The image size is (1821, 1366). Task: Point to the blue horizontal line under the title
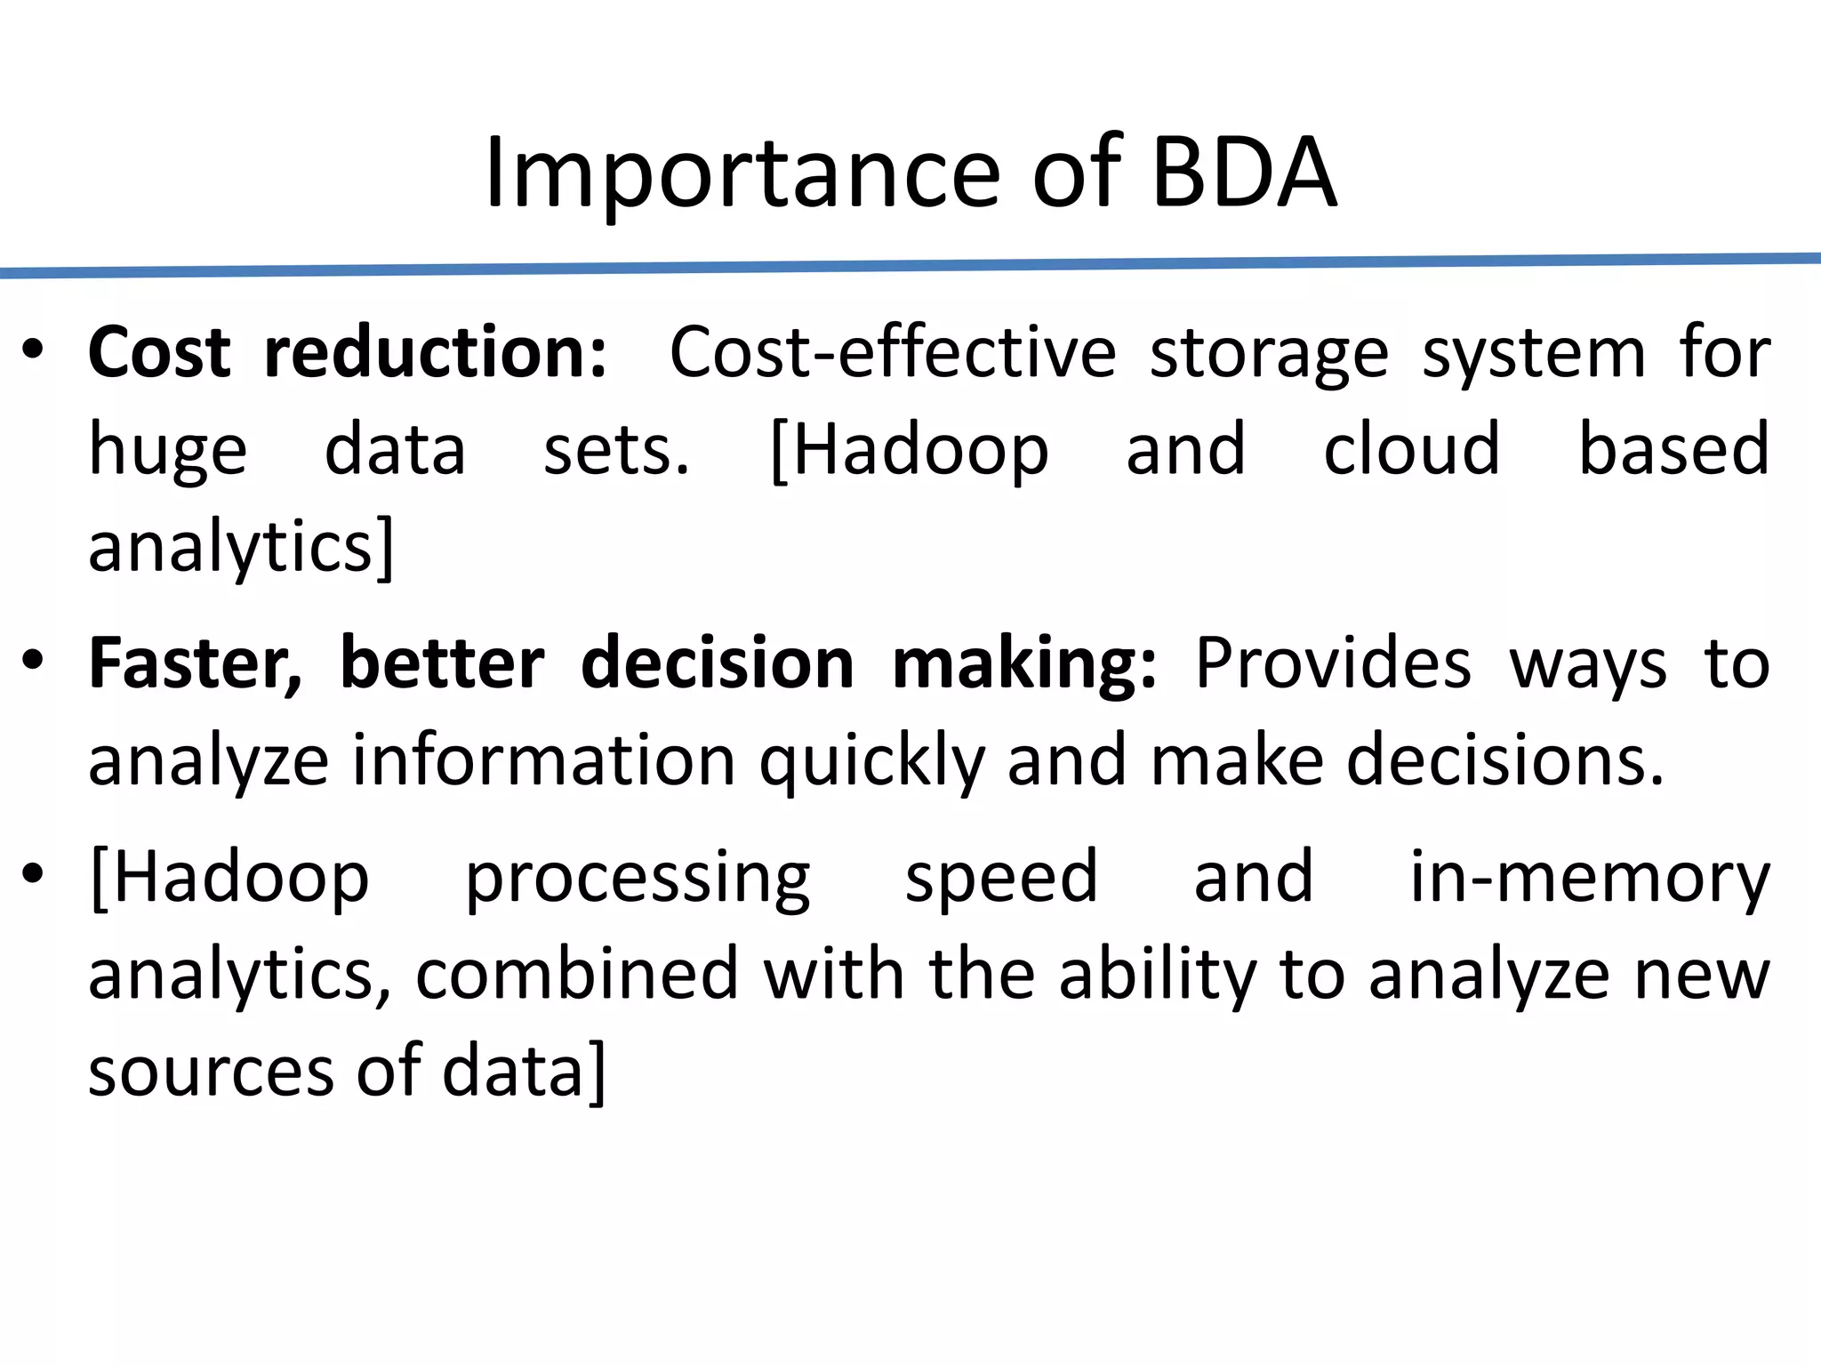pos(910,265)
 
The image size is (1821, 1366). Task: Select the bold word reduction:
pos(436,353)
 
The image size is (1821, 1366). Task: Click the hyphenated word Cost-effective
pos(892,353)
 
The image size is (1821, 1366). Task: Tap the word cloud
pos(1411,449)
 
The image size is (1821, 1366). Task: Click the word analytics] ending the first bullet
pos(240,547)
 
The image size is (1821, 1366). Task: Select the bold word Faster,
pos(195,664)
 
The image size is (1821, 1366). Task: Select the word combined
pos(576,974)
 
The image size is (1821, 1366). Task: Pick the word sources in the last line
pos(211,1072)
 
